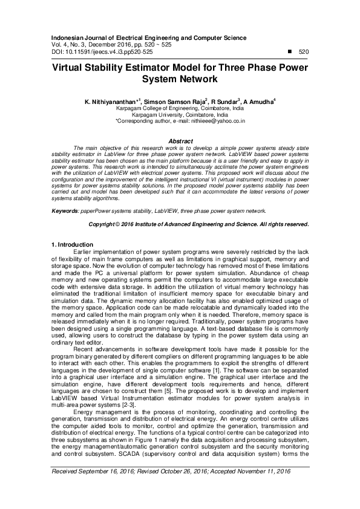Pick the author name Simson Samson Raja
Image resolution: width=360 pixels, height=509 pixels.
pyautogui.click(x=175, y=102)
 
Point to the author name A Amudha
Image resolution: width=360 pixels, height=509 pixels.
pyautogui.click(x=259, y=102)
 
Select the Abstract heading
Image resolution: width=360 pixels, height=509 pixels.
pyautogui.click(x=180, y=141)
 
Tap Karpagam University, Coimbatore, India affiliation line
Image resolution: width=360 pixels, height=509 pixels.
pyautogui.click(x=180, y=114)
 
